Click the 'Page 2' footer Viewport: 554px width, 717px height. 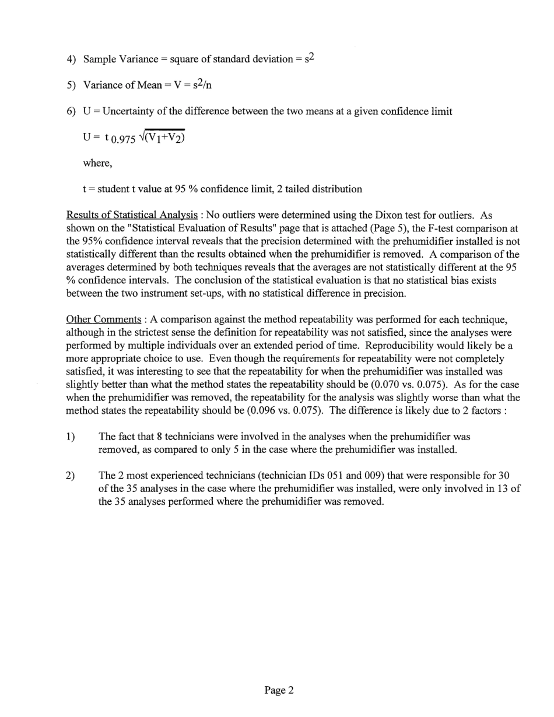(x=279, y=691)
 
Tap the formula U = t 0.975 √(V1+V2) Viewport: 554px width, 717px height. (x=134, y=138)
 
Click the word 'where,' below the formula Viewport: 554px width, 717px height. (x=98, y=163)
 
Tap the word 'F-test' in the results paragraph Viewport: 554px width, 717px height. (x=398, y=229)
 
